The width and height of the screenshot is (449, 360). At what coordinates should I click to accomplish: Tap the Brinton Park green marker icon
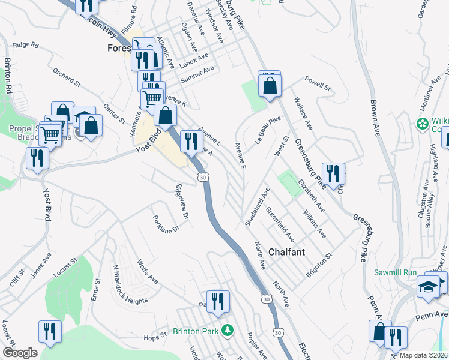228,331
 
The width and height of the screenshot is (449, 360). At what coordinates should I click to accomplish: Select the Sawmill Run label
395,272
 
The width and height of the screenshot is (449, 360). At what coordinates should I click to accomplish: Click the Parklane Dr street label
166,224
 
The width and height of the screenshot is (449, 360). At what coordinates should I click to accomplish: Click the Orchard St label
66,76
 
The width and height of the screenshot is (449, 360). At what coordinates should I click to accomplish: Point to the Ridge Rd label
26,45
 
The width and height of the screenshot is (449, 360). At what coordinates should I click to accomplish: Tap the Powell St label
318,83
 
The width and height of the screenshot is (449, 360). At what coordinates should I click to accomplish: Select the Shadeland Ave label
257,206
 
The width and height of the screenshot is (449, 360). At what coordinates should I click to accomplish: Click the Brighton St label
319,262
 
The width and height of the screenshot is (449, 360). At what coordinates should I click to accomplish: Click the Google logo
20,353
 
